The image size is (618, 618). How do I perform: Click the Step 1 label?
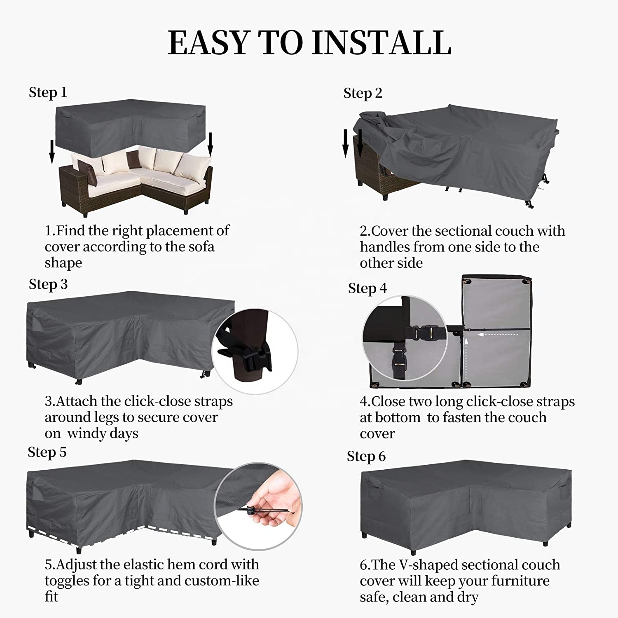click(x=48, y=92)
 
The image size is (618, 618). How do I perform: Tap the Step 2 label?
click(x=363, y=93)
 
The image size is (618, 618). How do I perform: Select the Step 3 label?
click(x=48, y=284)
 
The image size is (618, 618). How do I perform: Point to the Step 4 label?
click(x=367, y=288)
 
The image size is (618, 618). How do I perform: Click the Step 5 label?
click(x=47, y=452)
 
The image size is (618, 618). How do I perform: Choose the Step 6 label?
click(x=366, y=456)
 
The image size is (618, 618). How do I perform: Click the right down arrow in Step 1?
click(x=210, y=145)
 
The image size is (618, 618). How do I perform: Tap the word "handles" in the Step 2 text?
click(x=385, y=246)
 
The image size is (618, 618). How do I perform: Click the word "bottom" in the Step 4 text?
click(x=397, y=417)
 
